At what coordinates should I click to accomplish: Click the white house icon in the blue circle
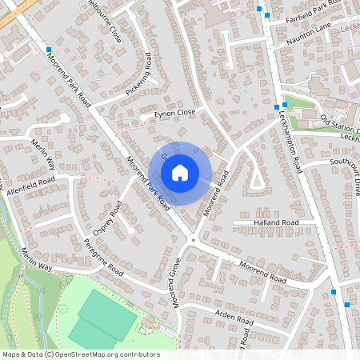click(x=180, y=172)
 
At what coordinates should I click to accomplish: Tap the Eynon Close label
click(x=175, y=114)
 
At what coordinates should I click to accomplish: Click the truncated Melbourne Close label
click(x=106, y=22)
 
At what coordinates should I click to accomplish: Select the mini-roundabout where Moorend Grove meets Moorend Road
click(x=192, y=240)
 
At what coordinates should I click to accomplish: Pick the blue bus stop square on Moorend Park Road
click(x=50, y=50)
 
